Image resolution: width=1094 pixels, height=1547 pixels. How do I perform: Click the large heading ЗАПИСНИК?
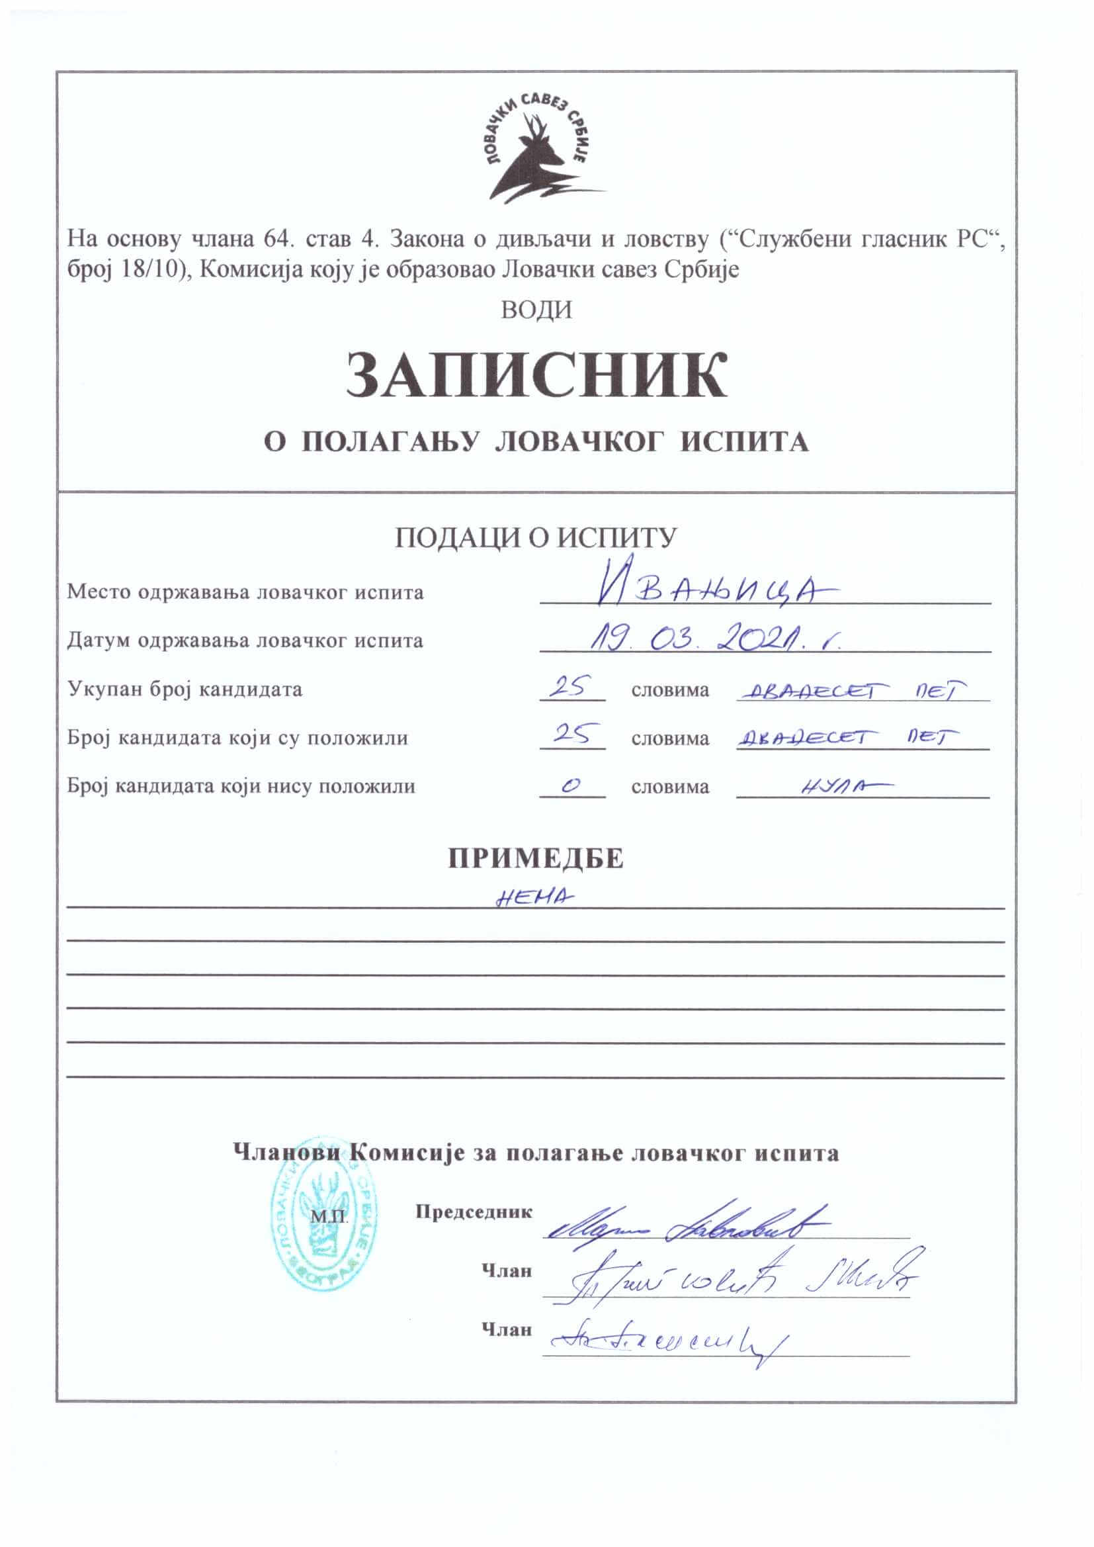(537, 375)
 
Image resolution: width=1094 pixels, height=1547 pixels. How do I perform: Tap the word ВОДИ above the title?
(537, 310)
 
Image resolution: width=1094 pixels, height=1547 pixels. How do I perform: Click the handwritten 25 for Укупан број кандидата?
(570, 687)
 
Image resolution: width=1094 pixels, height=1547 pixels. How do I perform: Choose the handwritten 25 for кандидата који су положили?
(570, 735)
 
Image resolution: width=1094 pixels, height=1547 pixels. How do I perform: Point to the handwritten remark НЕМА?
(535, 898)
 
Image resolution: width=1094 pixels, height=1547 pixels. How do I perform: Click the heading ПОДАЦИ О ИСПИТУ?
(536, 538)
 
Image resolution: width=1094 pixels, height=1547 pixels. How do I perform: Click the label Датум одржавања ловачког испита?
(245, 640)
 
